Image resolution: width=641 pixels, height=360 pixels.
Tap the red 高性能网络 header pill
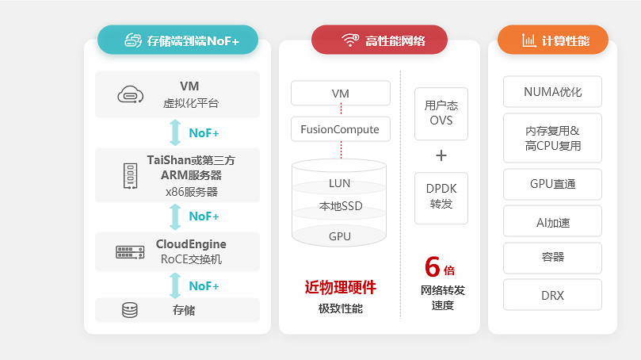tap(379, 40)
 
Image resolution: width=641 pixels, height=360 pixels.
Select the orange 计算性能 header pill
tap(552, 40)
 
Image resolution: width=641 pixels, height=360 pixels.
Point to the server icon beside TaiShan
tap(130, 175)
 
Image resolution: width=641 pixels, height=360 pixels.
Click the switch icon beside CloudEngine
tap(130, 252)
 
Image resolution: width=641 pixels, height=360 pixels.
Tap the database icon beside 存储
tap(130, 310)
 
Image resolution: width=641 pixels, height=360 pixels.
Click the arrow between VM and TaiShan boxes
tap(176, 132)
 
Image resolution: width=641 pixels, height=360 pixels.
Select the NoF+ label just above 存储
tap(204, 285)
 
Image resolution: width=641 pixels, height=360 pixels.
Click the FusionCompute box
tap(340, 128)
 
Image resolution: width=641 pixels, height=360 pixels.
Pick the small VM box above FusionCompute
tap(340, 94)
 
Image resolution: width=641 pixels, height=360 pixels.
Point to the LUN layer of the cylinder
tap(339, 183)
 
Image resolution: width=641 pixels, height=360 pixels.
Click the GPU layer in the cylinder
tap(339, 236)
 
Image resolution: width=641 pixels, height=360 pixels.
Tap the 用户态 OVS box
tap(441, 113)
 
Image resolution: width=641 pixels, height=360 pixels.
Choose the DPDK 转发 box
tap(441, 197)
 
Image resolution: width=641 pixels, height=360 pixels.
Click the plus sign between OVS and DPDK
tap(441, 155)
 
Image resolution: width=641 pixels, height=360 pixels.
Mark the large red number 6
tap(432, 266)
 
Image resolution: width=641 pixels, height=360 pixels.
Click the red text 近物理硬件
tap(340, 287)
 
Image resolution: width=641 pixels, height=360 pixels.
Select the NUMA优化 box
tap(552, 92)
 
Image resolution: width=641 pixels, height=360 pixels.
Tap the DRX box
tap(552, 295)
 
